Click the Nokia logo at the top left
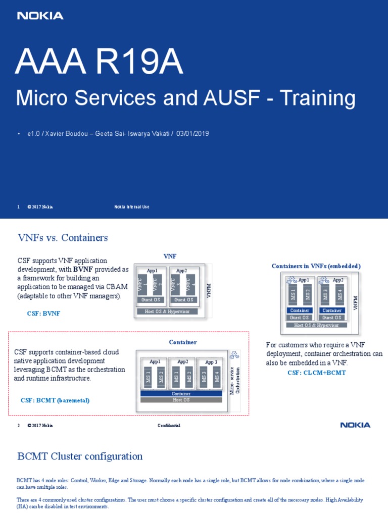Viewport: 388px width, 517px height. [40, 16]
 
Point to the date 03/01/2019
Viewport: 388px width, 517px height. [193, 134]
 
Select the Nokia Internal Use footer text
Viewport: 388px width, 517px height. [131, 207]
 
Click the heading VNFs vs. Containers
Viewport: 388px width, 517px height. [63, 237]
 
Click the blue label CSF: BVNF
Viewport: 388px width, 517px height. [43, 314]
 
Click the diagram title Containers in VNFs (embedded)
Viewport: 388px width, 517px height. [316, 266]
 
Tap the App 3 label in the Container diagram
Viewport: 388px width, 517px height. [211, 361]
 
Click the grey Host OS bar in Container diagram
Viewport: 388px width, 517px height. [181, 400]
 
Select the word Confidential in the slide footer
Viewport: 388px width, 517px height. [169, 426]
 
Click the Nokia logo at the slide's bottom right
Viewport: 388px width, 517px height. [355, 425]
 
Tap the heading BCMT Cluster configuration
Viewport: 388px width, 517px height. [80, 456]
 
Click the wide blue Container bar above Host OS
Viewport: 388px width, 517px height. [181, 393]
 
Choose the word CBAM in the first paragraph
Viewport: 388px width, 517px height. [117, 287]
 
